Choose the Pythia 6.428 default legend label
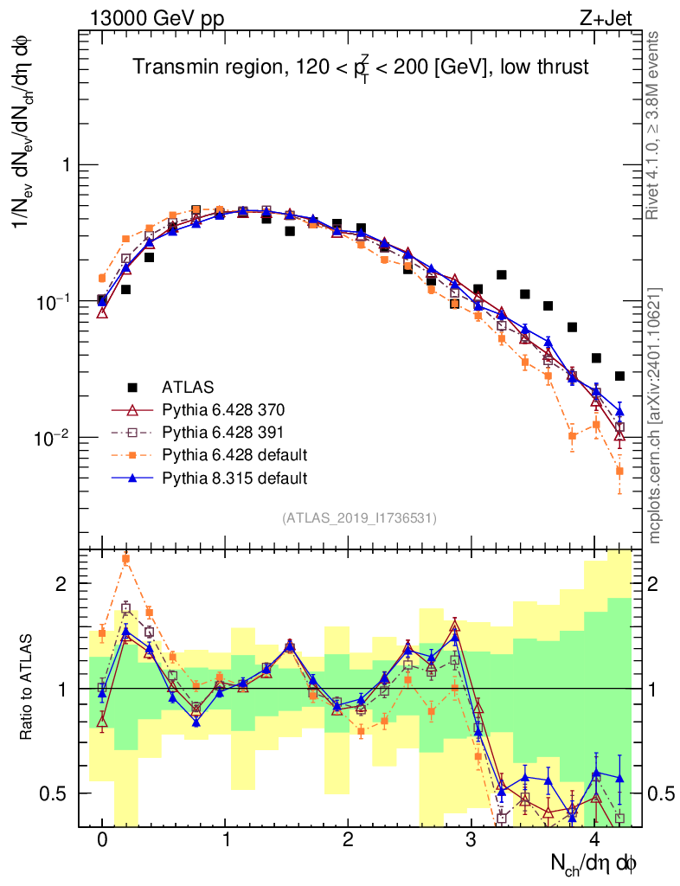(x=234, y=454)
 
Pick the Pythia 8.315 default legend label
(x=234, y=477)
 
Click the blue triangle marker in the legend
(x=132, y=477)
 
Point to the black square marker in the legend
(x=132, y=386)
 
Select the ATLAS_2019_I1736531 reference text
(x=359, y=518)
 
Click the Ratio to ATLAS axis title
(x=28, y=688)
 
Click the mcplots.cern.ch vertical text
(x=656, y=415)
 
